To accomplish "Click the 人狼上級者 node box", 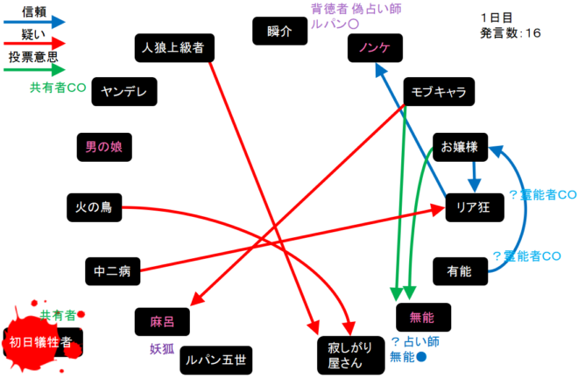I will (176, 47).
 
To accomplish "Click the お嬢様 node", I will (460, 147).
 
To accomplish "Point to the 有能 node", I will (460, 272).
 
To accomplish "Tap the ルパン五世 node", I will (215, 359).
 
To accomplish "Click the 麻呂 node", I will (162, 322).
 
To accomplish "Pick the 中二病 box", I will (112, 272).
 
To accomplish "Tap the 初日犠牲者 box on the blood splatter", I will (42, 341).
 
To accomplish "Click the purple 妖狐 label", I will (164, 349).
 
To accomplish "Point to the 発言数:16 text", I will (511, 33).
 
